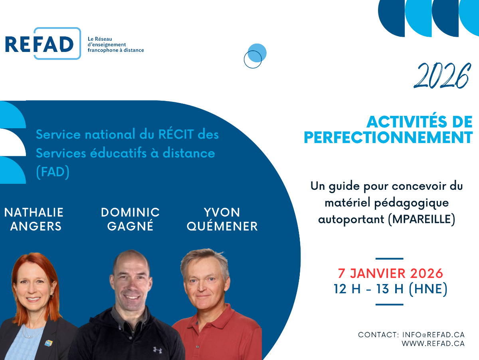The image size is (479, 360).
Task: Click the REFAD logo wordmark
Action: pos(39,44)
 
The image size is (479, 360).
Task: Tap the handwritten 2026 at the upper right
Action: pos(442,76)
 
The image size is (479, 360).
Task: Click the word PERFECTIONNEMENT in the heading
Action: pos(388,137)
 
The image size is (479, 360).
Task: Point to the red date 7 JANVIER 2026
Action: pos(390,273)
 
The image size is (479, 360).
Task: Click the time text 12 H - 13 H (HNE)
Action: pos(390,289)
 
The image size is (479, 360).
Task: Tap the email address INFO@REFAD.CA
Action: pos(433,335)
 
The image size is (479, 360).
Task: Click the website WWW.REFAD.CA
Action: pos(433,343)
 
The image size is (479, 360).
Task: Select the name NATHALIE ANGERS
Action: pos(34,219)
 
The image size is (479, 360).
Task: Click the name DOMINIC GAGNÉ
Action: pos(130,219)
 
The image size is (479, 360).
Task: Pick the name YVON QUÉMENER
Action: pos(222,219)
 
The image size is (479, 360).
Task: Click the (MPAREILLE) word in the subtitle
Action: pos(422,219)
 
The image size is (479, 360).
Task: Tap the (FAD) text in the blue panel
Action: pos(53,172)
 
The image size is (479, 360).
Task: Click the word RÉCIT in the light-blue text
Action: pos(176,134)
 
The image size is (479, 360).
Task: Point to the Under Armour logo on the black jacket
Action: pos(157,350)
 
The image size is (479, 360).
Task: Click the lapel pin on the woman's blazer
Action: pos(48,343)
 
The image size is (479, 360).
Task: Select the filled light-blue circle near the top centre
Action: pos(257,53)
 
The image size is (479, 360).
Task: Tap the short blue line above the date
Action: pos(389,259)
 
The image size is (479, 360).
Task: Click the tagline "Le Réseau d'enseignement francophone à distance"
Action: pos(116,45)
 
